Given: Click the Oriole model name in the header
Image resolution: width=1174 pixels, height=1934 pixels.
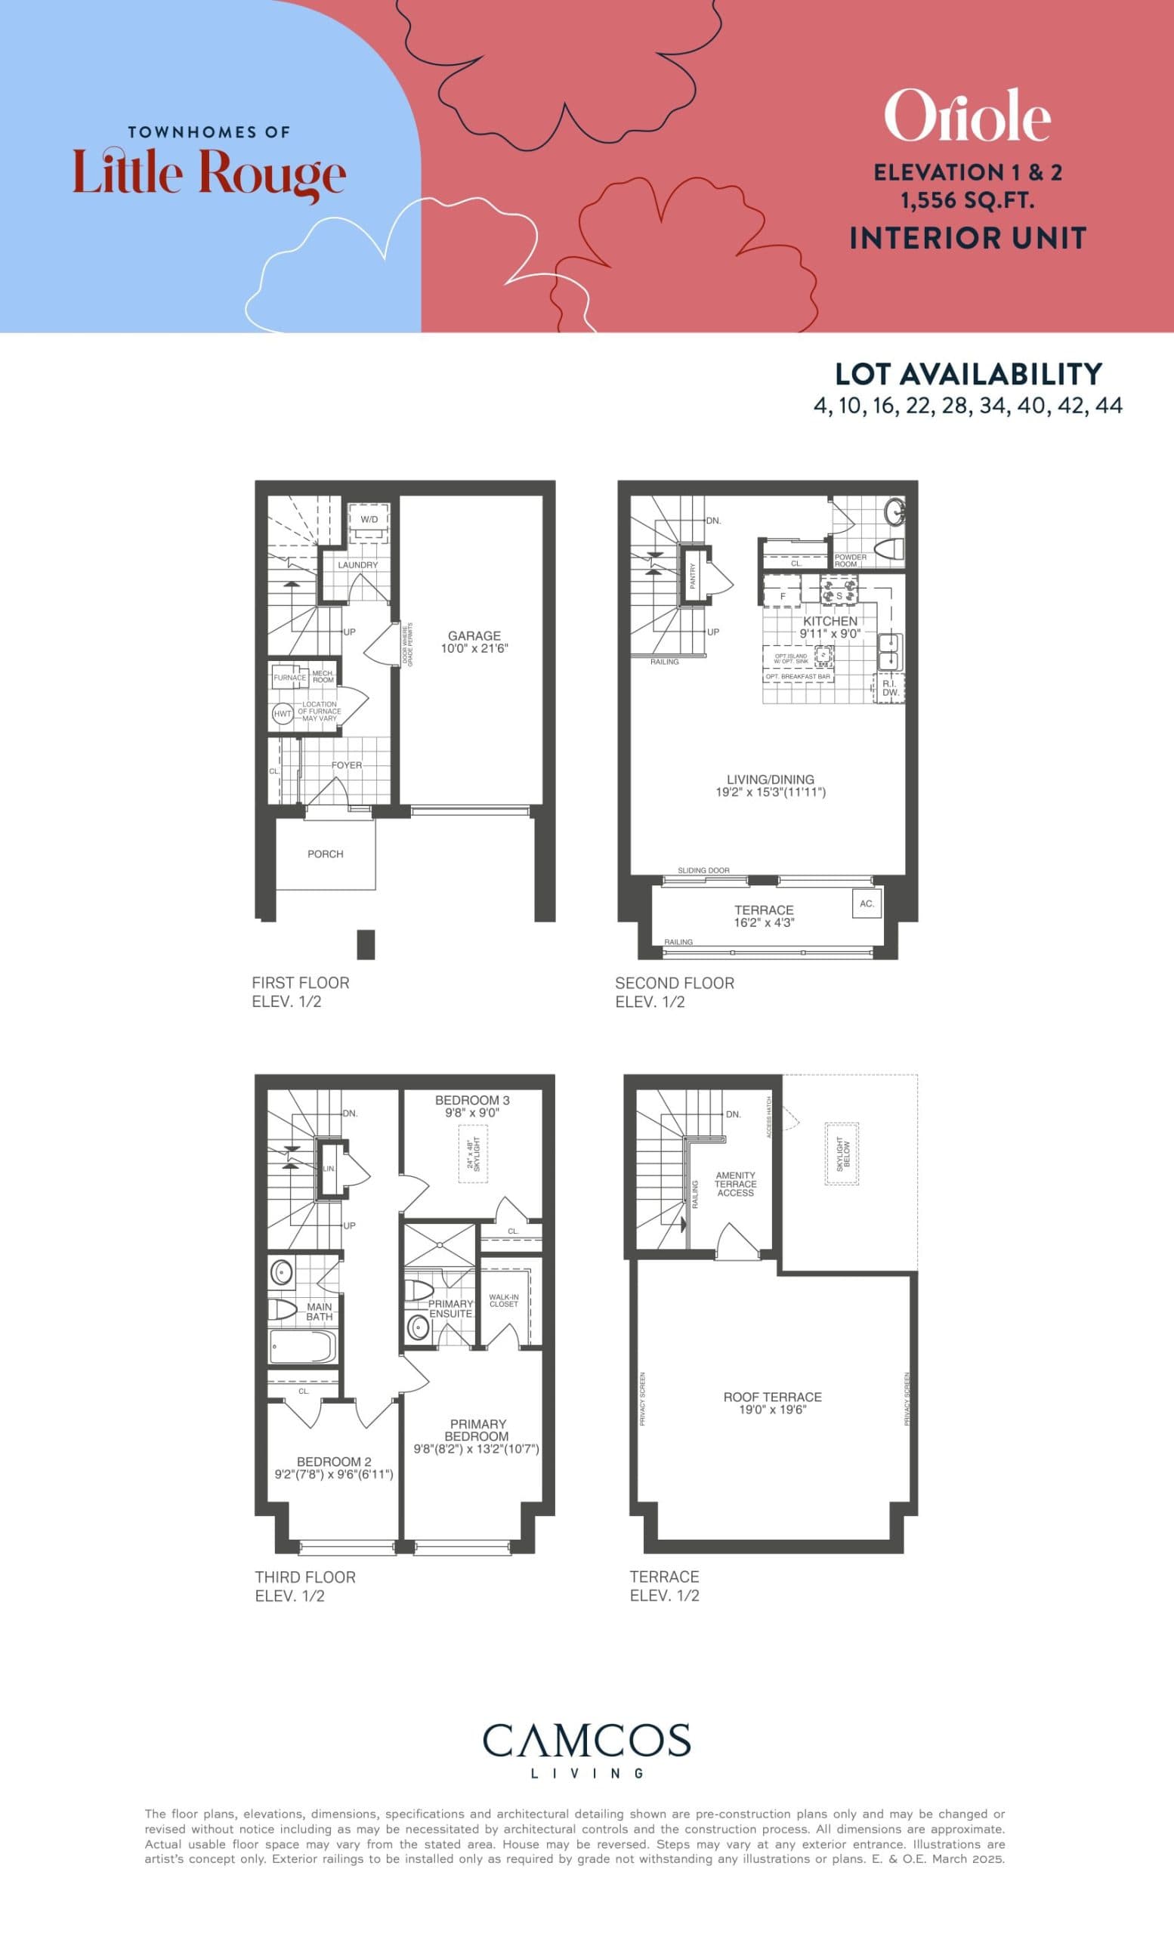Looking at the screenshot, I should (x=967, y=116).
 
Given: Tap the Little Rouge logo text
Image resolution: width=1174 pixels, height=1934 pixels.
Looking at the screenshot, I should (x=209, y=174).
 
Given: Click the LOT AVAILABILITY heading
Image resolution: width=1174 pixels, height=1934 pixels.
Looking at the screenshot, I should (x=969, y=375).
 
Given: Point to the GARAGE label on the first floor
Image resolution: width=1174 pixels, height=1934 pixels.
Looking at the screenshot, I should (x=474, y=636).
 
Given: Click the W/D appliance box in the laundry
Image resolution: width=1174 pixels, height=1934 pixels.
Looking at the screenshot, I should (x=369, y=520).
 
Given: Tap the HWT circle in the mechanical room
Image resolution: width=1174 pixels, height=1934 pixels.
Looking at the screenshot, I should (x=282, y=713).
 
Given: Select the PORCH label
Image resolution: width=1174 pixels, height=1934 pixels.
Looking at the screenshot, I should (x=325, y=854).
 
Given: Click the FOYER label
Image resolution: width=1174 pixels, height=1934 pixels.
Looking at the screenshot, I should (x=346, y=765).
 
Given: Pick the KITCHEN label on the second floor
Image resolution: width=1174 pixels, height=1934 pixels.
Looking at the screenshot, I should (x=830, y=621).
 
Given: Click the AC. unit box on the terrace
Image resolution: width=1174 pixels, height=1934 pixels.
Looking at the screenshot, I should (x=867, y=904).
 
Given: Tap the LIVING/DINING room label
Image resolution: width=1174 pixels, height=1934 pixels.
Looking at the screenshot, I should (x=770, y=780).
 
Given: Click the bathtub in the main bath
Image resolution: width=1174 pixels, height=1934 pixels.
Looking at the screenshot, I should (x=303, y=1346).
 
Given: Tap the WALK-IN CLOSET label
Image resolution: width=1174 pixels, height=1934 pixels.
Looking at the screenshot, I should (x=504, y=1301).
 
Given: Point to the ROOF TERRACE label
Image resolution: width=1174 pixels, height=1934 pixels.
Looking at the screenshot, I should (x=772, y=1397).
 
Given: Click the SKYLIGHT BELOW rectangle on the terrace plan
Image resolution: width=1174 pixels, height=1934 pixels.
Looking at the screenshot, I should (x=842, y=1153).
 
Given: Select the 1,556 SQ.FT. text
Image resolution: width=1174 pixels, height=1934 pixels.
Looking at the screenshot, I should (x=967, y=201).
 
